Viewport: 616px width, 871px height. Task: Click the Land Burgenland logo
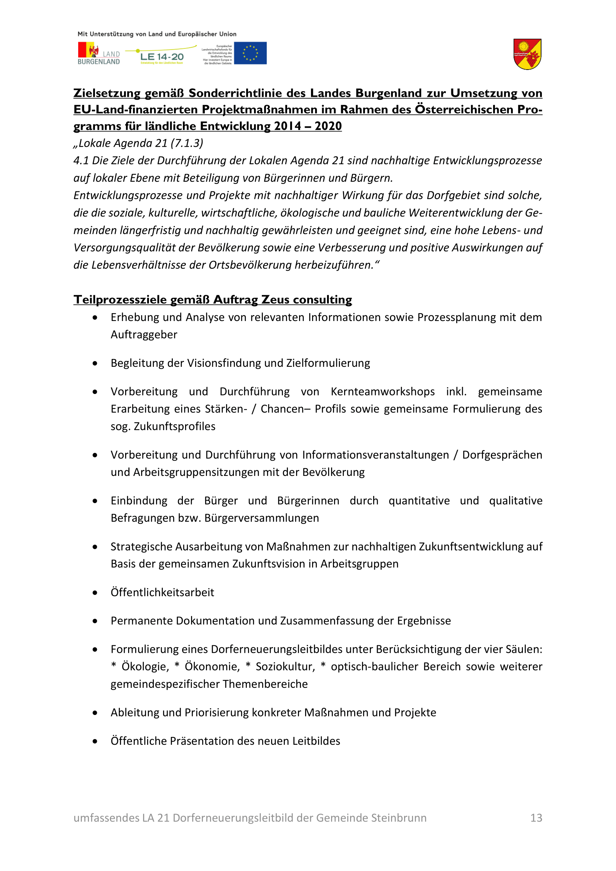coord(99,54)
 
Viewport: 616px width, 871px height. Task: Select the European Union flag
coord(250,53)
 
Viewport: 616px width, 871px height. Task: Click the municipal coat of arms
coord(527,54)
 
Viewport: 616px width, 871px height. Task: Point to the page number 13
coord(536,818)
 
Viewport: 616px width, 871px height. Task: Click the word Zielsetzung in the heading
coord(107,93)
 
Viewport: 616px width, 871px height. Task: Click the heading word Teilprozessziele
coord(120,300)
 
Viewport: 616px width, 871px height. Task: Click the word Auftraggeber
coord(144,335)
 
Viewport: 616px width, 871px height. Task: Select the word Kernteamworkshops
coord(382,391)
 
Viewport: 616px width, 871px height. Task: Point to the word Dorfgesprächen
coord(502,455)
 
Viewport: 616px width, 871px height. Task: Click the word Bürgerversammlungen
coord(262,518)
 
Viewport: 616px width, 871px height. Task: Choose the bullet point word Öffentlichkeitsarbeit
coord(162,592)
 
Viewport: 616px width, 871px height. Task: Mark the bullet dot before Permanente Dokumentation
coord(95,622)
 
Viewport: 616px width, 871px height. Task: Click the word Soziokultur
coord(285,667)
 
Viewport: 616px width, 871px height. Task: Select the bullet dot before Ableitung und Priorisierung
coord(95,713)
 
